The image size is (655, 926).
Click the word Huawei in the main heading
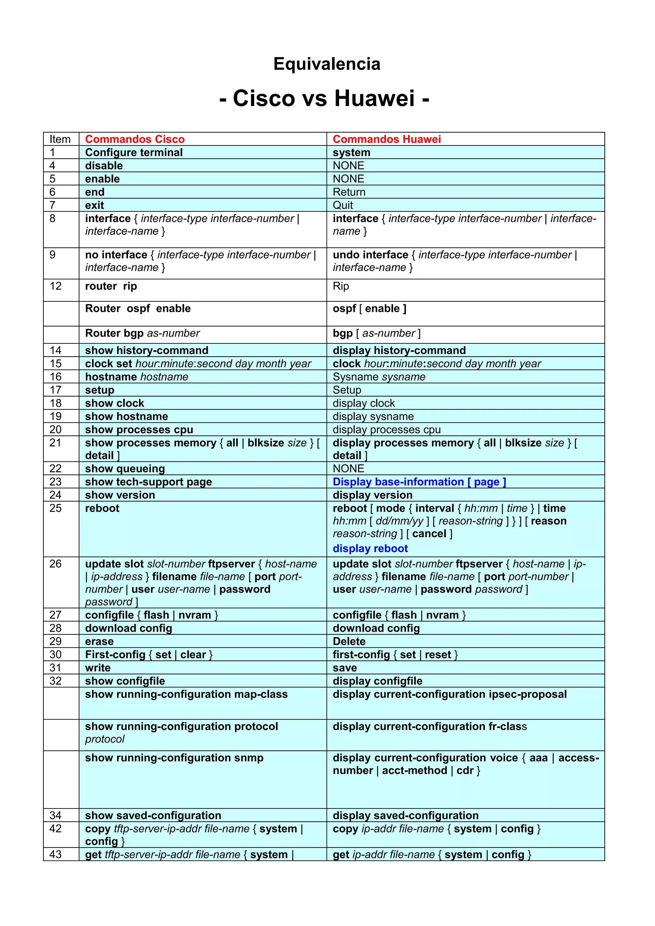374,98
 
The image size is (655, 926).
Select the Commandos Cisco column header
135,139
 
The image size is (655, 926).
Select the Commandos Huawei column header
386,139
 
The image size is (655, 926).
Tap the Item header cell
60,139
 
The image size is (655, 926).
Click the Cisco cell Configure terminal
134,152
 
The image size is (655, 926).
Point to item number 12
55,286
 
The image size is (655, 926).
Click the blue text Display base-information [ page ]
419,482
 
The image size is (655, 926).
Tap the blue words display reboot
370,549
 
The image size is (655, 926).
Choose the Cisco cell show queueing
125,469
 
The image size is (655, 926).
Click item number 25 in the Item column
55,508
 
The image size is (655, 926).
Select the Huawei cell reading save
345,668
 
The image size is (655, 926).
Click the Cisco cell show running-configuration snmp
174,758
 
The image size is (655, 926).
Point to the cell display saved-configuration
405,815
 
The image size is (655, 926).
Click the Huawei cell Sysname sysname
379,377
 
